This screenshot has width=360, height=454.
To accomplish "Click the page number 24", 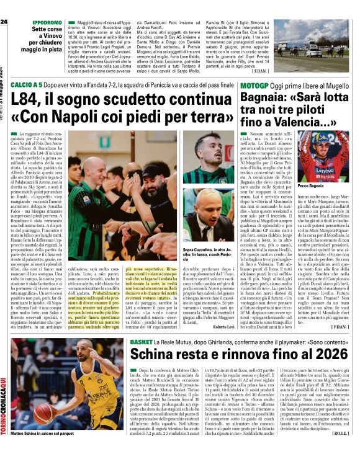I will [4, 22].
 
